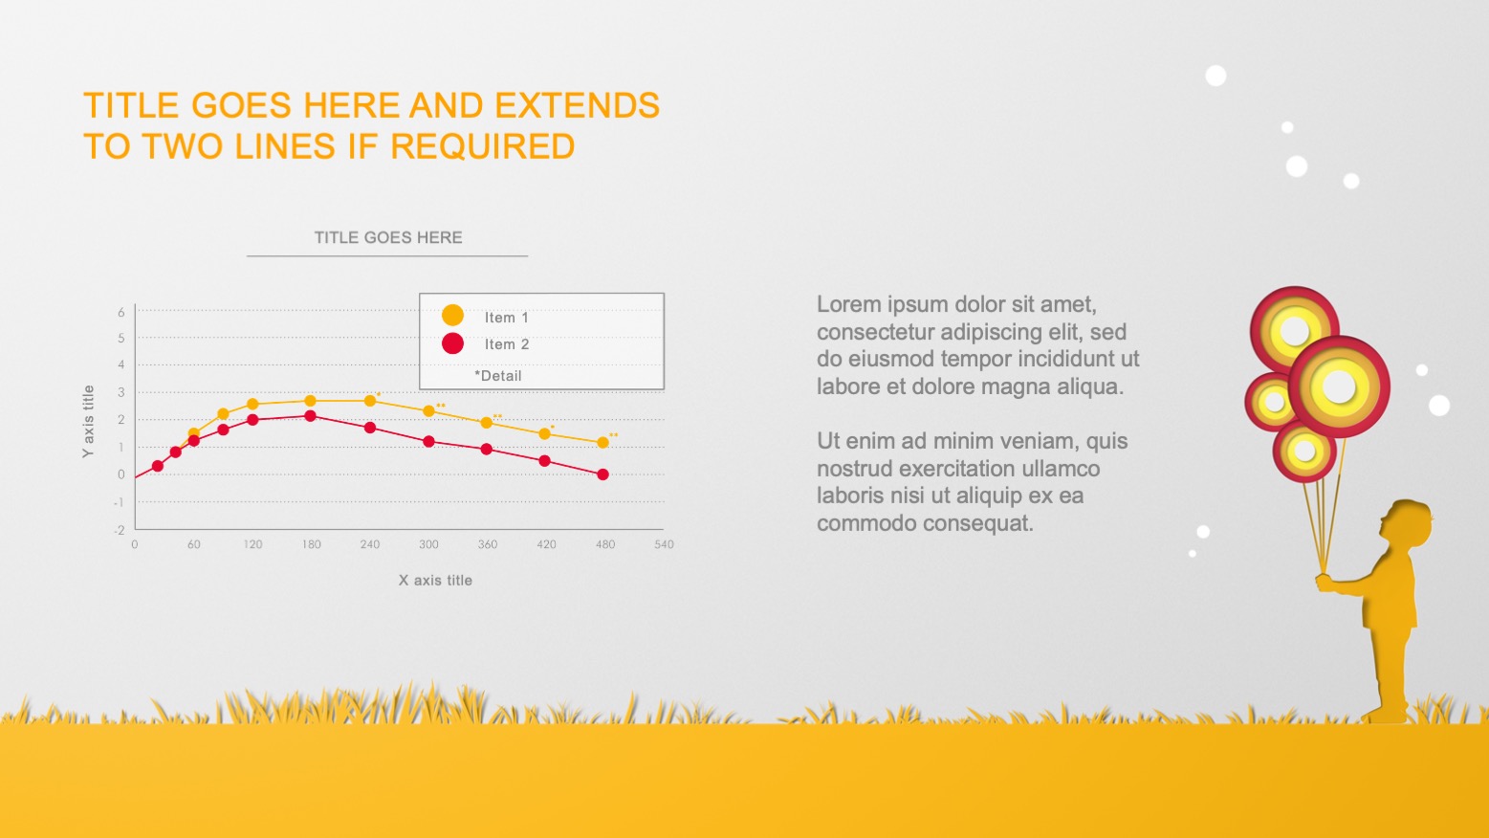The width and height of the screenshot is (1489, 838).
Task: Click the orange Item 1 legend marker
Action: click(452, 316)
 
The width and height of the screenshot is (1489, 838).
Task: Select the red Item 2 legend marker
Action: click(452, 343)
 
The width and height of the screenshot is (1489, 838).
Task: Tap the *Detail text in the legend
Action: click(498, 376)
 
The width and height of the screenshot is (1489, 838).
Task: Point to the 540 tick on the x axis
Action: click(664, 544)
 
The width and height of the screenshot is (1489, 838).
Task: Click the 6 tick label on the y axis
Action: click(121, 312)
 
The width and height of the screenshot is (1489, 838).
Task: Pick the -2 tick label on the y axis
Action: click(119, 530)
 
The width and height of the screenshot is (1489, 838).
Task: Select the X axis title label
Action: click(435, 580)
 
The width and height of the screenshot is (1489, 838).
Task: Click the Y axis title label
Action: click(88, 421)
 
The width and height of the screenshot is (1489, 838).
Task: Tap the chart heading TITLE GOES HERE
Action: click(388, 237)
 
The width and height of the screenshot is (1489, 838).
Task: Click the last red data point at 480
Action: click(602, 474)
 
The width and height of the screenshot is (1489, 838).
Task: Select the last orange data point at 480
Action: click(602, 442)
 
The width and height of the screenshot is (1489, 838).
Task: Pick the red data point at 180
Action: click(311, 416)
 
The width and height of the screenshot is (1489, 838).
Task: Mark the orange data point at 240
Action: click(370, 401)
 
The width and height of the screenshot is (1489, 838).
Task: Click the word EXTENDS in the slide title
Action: click(577, 105)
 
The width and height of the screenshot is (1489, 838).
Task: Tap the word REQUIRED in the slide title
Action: click(483, 146)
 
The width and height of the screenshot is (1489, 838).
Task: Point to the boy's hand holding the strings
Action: click(1325, 583)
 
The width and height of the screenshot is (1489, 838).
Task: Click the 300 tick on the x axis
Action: click(428, 544)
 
